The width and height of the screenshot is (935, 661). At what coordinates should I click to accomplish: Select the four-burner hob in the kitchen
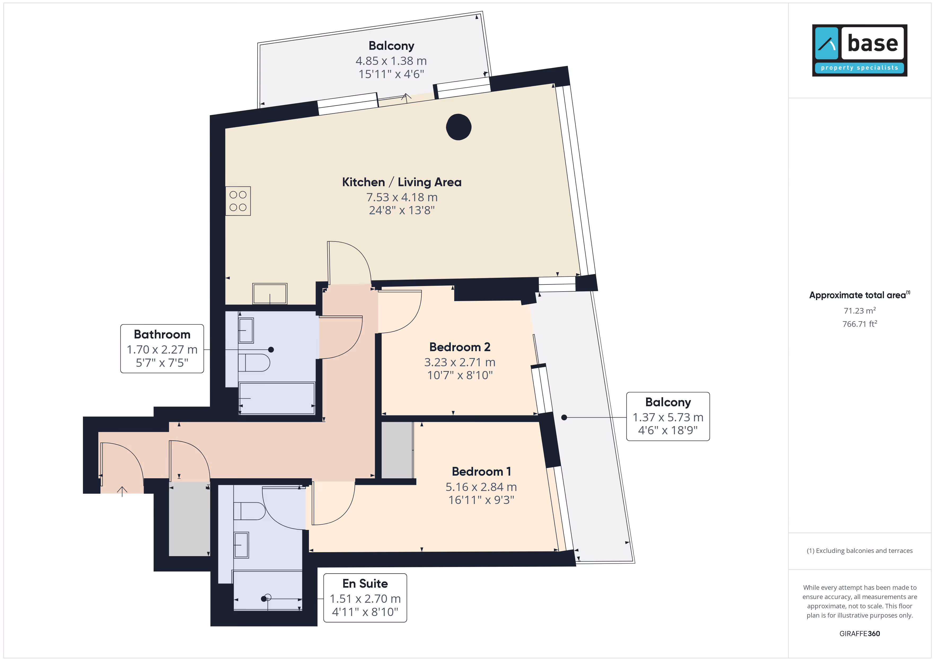click(238, 201)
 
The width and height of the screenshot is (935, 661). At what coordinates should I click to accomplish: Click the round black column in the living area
click(458, 127)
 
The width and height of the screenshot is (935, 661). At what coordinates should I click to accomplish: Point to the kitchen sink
click(270, 293)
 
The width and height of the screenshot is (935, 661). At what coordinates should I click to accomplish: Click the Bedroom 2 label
click(460, 347)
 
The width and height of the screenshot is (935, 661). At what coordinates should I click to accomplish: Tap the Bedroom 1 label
click(481, 471)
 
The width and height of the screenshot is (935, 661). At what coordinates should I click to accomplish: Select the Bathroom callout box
click(162, 349)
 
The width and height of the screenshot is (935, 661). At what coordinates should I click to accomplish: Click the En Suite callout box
click(365, 598)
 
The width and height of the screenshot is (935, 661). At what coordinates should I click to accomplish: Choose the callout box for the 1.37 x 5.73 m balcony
click(668, 416)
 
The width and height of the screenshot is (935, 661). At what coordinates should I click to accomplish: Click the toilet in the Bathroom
click(254, 362)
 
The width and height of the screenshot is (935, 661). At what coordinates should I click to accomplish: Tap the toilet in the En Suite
click(249, 511)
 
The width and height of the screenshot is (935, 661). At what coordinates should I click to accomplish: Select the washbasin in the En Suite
click(241, 545)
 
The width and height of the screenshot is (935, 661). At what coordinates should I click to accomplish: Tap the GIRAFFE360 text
click(860, 634)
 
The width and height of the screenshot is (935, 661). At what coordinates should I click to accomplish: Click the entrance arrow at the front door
click(122, 491)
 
